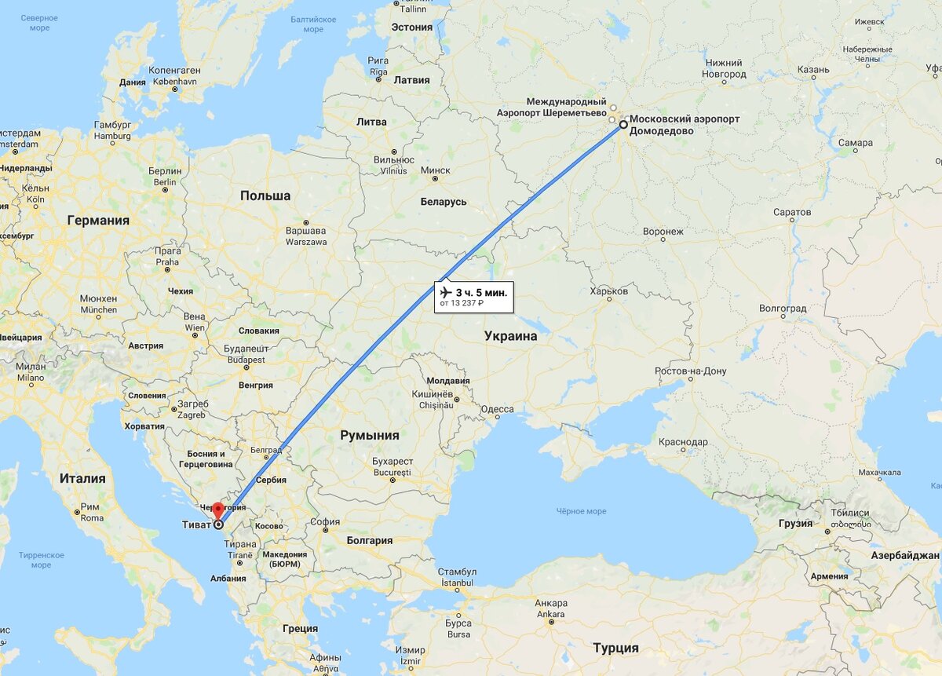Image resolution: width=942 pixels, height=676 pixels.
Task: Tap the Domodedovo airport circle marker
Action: coord(623,125)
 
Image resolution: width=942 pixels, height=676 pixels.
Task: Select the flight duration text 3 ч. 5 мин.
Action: coord(481,293)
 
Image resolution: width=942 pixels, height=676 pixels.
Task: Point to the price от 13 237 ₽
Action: coord(462,303)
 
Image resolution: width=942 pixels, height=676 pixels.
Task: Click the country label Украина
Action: coord(510,336)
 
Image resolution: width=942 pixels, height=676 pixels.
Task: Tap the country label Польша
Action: coord(265,195)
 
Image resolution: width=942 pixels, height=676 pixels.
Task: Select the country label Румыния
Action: coord(370,435)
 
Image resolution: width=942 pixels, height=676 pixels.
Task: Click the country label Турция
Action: coord(615,648)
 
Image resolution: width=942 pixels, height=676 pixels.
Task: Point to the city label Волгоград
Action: coord(783,309)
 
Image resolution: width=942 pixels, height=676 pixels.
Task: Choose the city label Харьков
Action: coord(608,291)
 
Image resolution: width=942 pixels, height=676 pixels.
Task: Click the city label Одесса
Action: coord(497,409)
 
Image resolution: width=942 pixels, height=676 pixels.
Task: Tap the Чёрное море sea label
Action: coord(581,511)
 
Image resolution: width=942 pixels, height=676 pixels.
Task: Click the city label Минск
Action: coord(435,170)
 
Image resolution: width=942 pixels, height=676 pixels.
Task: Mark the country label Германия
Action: coord(98,221)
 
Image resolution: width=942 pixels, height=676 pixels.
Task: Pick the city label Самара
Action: coord(855,143)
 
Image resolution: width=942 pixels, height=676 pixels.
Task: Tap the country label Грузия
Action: coord(795,522)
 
